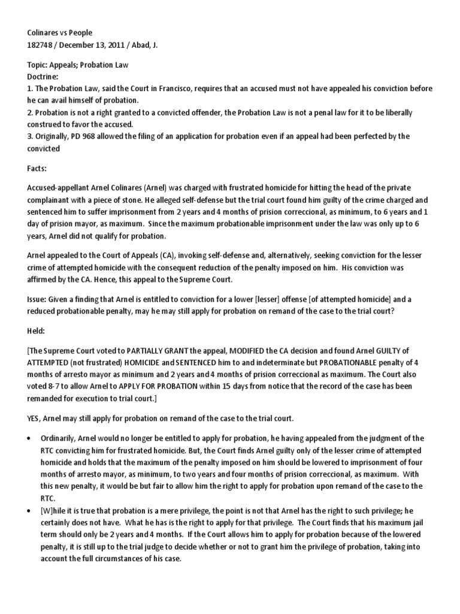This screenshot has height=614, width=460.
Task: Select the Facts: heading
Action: (38, 170)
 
